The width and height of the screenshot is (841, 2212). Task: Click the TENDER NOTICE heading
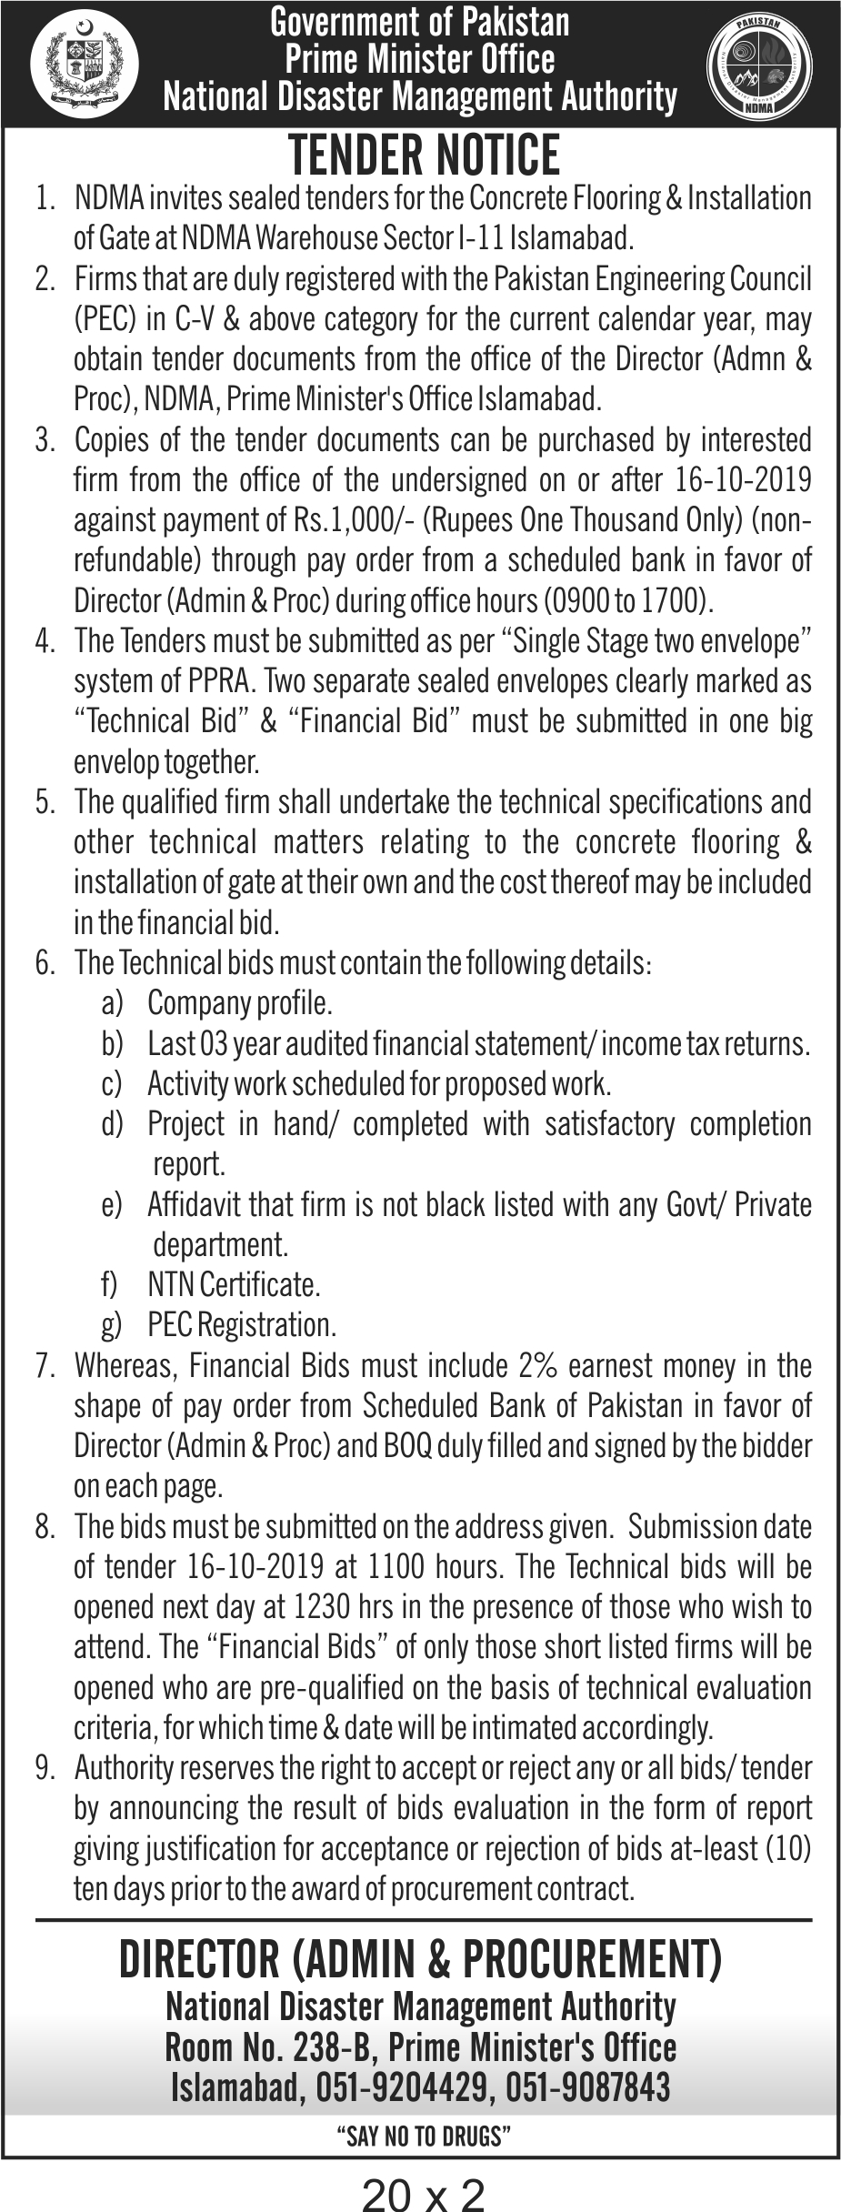pyautogui.click(x=424, y=155)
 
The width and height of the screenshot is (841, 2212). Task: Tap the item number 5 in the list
pyautogui.click(x=45, y=803)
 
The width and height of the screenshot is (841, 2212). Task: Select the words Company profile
pyautogui.click(x=239, y=1003)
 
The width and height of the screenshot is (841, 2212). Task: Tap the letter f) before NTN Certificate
pyautogui.click(x=110, y=1285)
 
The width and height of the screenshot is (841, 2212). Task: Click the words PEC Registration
pyautogui.click(x=242, y=1325)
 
